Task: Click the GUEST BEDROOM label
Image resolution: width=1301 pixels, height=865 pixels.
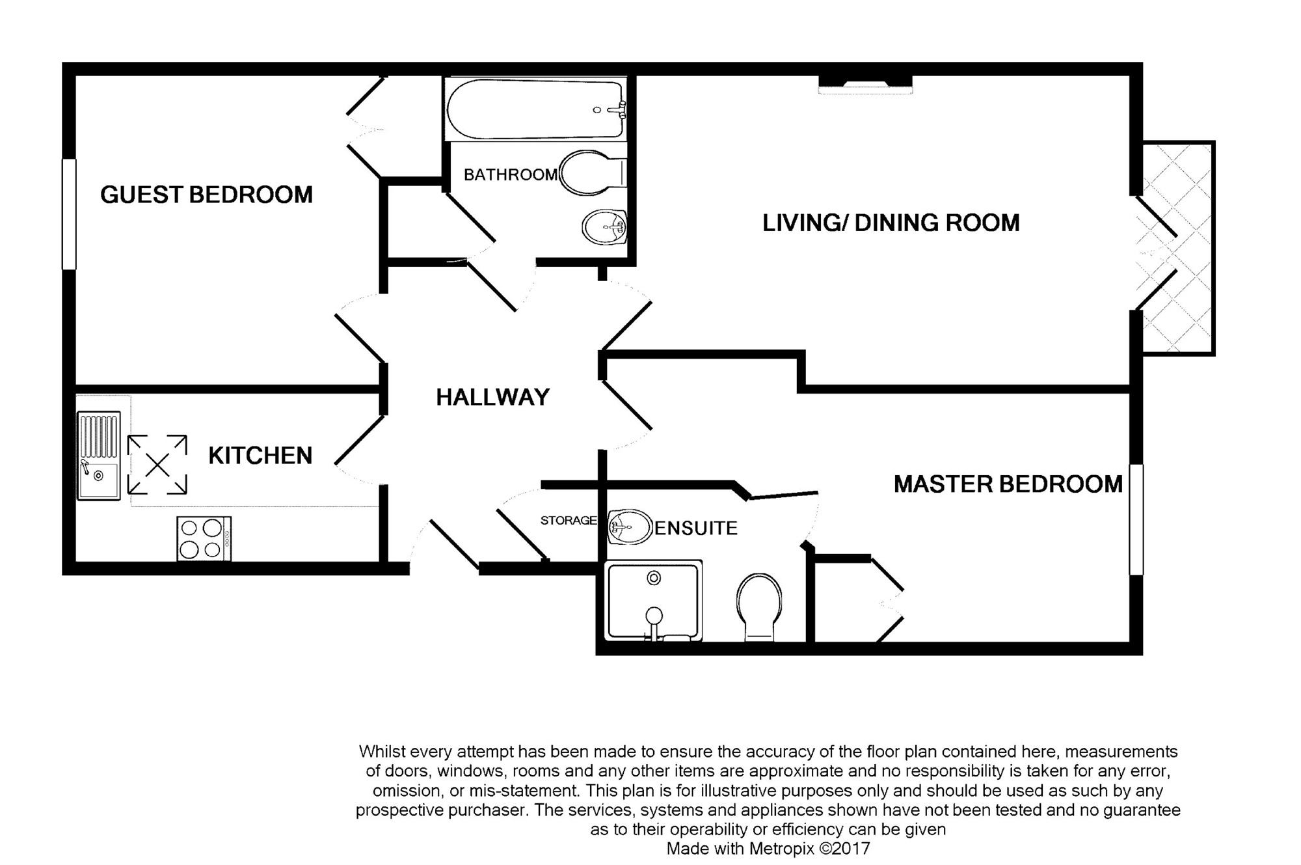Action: [206, 195]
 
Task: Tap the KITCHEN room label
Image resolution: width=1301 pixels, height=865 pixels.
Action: [260, 456]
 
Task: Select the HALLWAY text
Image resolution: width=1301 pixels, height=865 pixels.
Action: [492, 397]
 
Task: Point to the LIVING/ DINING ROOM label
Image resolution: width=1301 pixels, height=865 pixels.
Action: [891, 223]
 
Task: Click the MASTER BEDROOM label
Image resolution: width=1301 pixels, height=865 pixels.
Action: [1008, 484]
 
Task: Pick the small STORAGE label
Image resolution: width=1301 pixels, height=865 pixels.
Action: [569, 520]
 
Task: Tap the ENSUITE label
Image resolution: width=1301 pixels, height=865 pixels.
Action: [696, 528]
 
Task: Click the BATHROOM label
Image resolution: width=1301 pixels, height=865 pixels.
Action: [511, 174]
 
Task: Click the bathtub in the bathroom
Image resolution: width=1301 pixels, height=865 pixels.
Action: [535, 109]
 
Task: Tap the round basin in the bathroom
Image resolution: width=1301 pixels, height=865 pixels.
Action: [604, 227]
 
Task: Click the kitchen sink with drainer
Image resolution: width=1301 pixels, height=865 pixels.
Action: [99, 456]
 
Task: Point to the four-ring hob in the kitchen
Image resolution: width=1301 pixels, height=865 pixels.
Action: [204, 539]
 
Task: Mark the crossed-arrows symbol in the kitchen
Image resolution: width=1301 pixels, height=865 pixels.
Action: [157, 465]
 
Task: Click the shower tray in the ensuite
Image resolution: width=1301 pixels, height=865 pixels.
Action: [654, 601]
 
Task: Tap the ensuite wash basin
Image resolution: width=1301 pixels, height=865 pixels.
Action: [630, 527]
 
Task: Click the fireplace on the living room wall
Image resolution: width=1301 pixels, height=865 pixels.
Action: [865, 85]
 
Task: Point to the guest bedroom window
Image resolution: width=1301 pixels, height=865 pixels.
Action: [69, 214]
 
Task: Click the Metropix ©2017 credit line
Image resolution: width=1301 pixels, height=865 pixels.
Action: [768, 849]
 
